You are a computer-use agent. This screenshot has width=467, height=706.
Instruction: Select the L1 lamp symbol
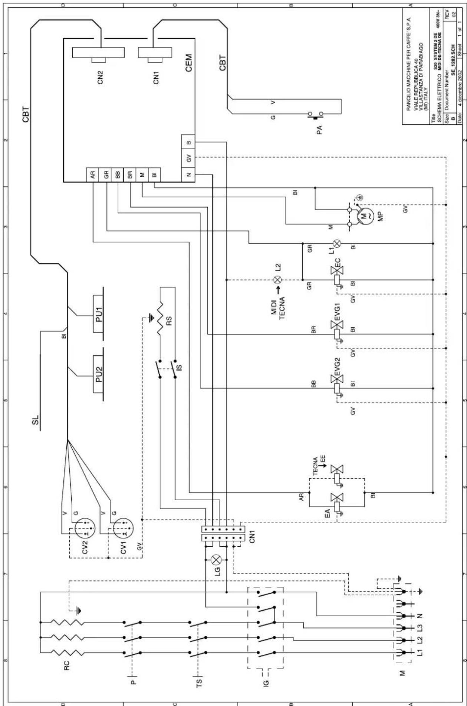[x=337, y=244]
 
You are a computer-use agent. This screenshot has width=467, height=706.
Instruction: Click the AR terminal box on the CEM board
[x=93, y=174]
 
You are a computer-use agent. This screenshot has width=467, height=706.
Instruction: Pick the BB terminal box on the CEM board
[x=118, y=174]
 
